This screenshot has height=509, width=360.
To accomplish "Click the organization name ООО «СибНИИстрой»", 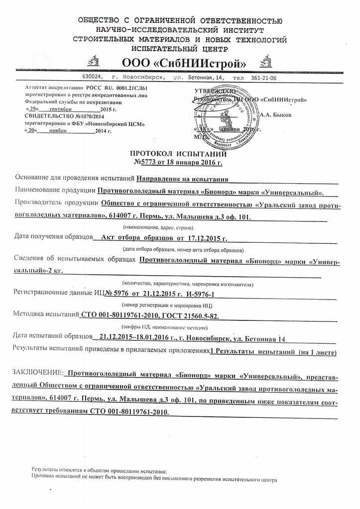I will (x=181, y=63).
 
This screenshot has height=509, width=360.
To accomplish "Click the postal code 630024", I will (x=93, y=78).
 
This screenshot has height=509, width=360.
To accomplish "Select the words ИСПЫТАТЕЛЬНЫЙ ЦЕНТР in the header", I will (x=180, y=49).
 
